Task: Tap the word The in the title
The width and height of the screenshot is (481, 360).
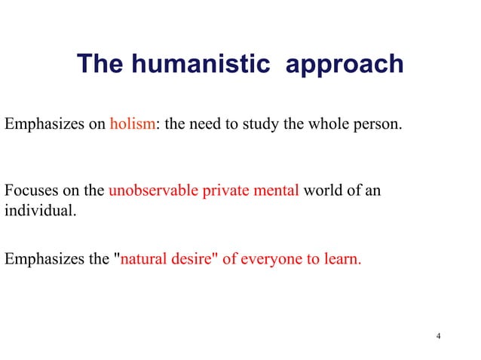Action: click(x=100, y=64)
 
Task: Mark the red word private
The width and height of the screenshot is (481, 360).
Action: click(x=228, y=191)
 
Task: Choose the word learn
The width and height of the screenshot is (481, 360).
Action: click(x=342, y=260)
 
